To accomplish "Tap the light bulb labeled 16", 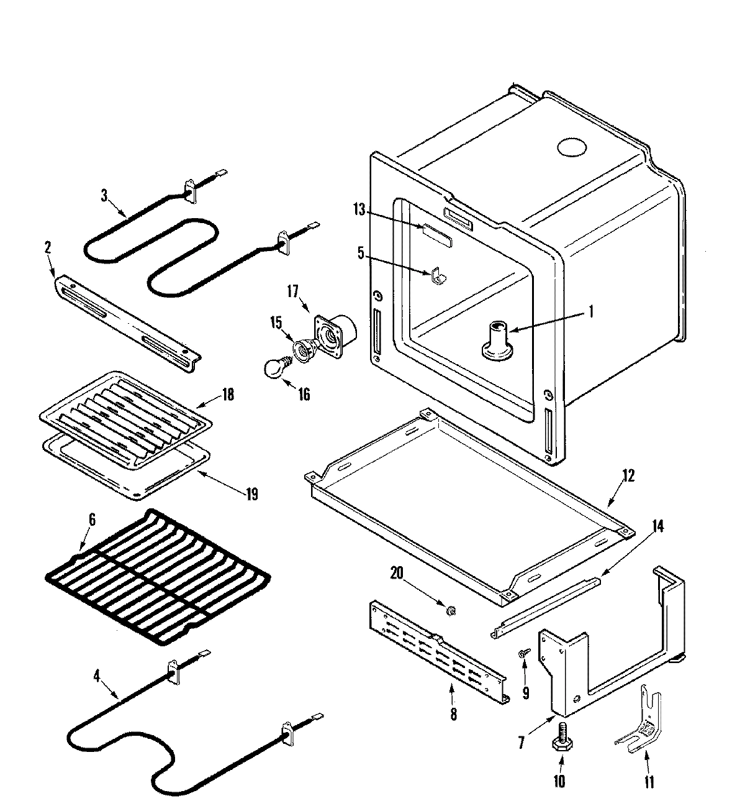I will tap(274, 367).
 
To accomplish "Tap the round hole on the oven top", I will tap(571, 148).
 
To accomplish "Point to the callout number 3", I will tap(104, 195).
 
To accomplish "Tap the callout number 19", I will tap(251, 494).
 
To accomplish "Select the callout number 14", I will tap(657, 526).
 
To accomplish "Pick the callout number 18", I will tap(228, 394).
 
